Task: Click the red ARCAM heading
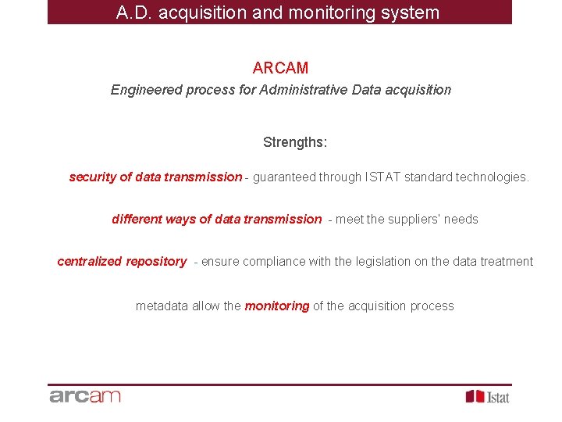(280, 68)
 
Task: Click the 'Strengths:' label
(295, 142)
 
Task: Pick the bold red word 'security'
(93, 177)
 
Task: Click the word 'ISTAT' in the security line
(382, 177)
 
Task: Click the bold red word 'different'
(137, 220)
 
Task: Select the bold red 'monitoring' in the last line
(277, 306)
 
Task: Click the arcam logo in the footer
(85, 396)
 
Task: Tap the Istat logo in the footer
(488, 397)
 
